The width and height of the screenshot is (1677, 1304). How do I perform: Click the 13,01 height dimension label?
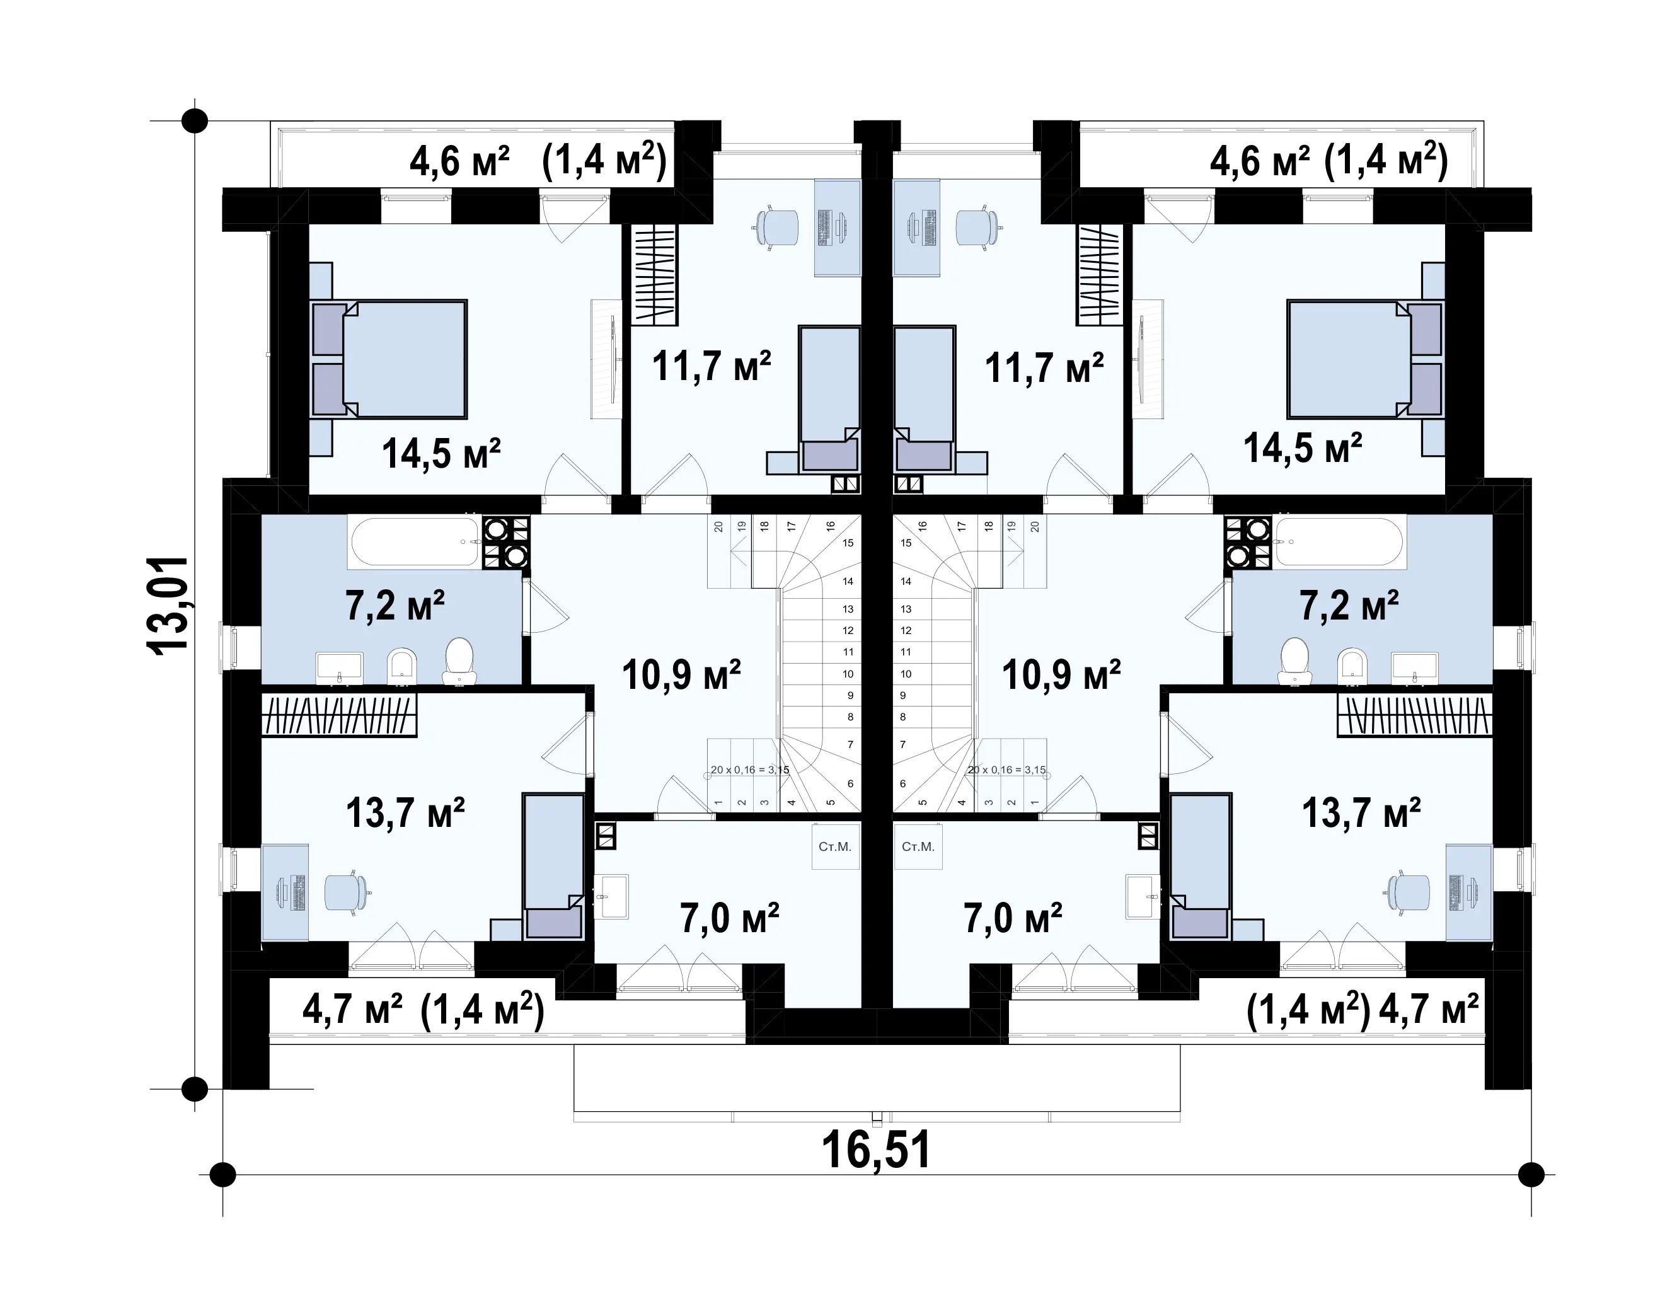[x=168, y=605]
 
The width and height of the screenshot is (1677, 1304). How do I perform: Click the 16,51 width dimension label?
[x=876, y=1150]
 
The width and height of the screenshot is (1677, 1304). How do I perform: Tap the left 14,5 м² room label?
[x=442, y=453]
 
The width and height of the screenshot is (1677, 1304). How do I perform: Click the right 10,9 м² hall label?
[x=1061, y=675]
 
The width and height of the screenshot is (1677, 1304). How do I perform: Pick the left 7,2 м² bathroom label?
[x=395, y=605]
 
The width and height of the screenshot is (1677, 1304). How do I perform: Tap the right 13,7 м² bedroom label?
[x=1361, y=812]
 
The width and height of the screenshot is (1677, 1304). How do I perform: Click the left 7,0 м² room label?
[x=729, y=918]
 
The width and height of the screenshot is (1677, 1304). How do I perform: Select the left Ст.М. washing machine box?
[x=836, y=846]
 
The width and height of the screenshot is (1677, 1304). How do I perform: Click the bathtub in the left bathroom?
[x=415, y=542]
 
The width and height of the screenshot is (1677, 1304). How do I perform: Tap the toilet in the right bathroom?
[x=1295, y=661]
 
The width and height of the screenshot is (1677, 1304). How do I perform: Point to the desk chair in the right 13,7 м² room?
[x=1407, y=893]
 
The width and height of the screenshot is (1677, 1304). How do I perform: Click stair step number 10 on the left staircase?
[x=848, y=674]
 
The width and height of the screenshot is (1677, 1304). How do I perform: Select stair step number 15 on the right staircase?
[x=906, y=543]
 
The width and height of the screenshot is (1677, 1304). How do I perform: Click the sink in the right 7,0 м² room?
[x=1143, y=896]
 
